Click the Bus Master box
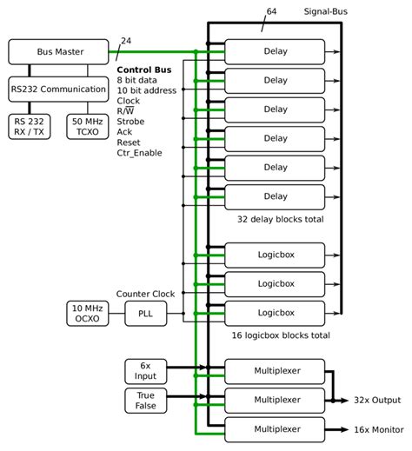(x=60, y=51)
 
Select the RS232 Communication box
(x=60, y=88)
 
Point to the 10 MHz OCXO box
(x=88, y=313)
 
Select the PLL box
(x=145, y=313)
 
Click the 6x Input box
(x=146, y=371)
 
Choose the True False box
(x=146, y=400)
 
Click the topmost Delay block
(x=275, y=51)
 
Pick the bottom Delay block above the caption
(x=275, y=196)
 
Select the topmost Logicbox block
(x=275, y=255)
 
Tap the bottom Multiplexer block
(x=275, y=429)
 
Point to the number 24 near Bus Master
(x=127, y=41)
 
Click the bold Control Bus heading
(x=143, y=69)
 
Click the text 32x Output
(x=375, y=400)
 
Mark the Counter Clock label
(x=145, y=294)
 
